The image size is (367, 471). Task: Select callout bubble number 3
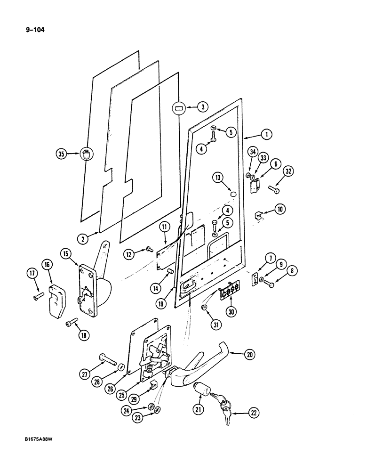(x=202, y=107)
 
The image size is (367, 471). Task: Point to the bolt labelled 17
(x=38, y=296)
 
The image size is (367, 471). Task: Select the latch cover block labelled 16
(x=55, y=296)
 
